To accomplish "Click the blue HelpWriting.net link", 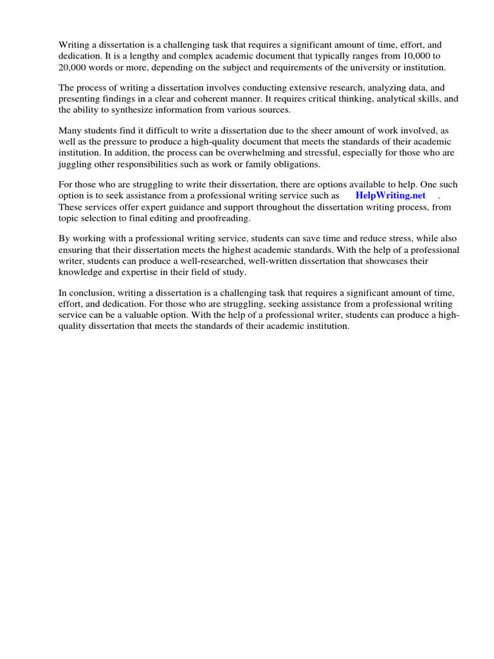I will click(x=390, y=195).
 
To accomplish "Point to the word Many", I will click(x=71, y=129).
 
